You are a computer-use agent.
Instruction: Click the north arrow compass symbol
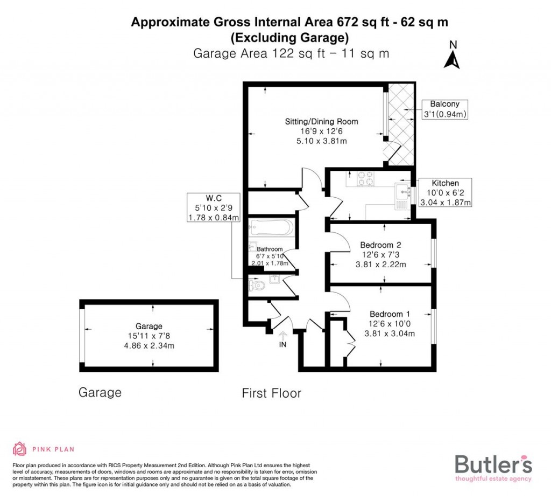click(x=452, y=55)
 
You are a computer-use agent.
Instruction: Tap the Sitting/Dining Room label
click(x=321, y=121)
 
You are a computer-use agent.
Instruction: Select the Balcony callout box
click(x=444, y=109)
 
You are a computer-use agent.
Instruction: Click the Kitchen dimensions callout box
click(x=445, y=193)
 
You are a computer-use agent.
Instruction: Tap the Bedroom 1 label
click(x=390, y=314)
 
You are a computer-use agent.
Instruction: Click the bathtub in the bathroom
click(x=272, y=227)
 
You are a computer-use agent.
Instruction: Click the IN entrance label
click(x=282, y=344)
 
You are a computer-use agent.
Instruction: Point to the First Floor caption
click(x=271, y=393)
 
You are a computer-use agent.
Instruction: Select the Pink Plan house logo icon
click(x=19, y=448)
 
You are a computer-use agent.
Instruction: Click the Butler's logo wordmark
click(x=493, y=464)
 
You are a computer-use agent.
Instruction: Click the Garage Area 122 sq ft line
click(x=291, y=53)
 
